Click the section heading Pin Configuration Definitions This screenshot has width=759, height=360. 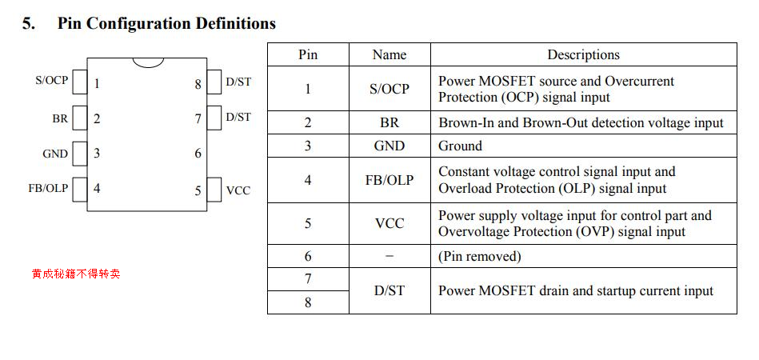click(x=166, y=24)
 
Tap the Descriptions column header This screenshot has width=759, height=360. click(x=583, y=54)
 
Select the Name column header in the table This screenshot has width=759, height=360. click(x=389, y=54)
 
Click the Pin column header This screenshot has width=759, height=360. click(x=308, y=54)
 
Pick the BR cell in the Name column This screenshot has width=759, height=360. click(x=389, y=122)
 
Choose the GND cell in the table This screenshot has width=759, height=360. click(x=389, y=146)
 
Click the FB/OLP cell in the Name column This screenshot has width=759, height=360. click(x=389, y=180)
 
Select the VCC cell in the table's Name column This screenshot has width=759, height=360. click(x=389, y=223)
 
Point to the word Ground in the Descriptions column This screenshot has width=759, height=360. click(x=460, y=146)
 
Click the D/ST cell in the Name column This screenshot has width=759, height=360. click(x=389, y=290)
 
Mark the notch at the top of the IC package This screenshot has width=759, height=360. click(x=148, y=62)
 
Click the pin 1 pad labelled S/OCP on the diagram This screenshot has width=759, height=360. click(x=80, y=82)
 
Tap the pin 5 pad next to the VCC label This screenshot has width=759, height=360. click(x=214, y=190)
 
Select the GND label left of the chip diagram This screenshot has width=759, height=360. click(x=55, y=154)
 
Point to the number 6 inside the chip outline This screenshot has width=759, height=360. click(x=198, y=154)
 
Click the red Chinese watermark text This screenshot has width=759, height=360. click(x=76, y=274)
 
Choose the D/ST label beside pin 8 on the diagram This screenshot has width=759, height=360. click(x=238, y=82)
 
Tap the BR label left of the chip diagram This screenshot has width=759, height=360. click(x=60, y=118)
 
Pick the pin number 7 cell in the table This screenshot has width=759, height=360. click(x=308, y=279)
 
